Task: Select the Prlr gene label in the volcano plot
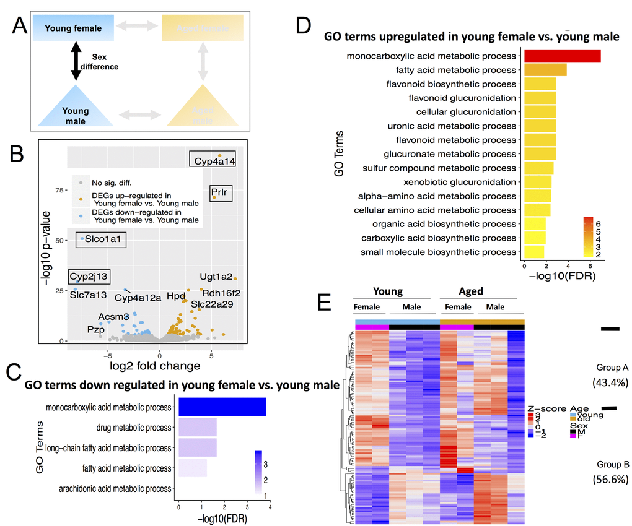click(x=219, y=192)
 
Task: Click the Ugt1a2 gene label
click(x=216, y=277)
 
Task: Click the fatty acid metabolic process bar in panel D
click(x=545, y=70)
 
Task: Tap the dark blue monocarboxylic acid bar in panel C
click(x=222, y=407)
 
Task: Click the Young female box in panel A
click(x=74, y=28)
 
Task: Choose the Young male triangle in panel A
click(x=75, y=111)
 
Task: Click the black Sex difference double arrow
click(x=76, y=61)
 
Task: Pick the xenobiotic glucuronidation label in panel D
click(x=460, y=182)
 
